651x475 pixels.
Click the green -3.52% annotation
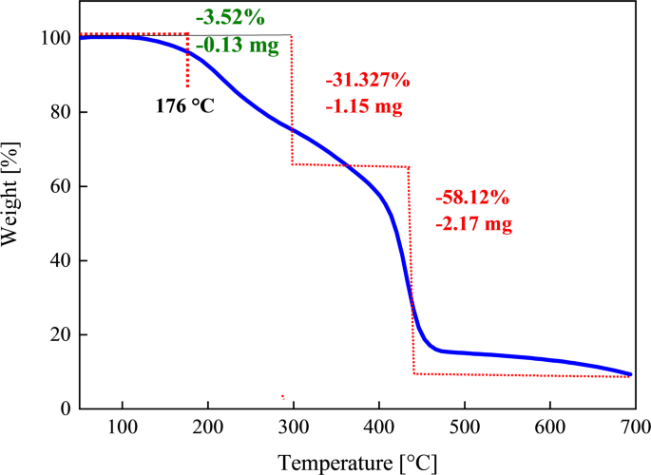coord(229,19)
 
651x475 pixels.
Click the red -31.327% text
coord(367,81)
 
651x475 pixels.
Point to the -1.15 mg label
coord(364,106)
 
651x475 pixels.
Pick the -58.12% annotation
coord(472,199)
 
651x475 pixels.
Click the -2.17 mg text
coord(473,225)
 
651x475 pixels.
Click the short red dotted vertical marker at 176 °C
coord(187,62)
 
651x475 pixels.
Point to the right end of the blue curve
coord(630,373)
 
